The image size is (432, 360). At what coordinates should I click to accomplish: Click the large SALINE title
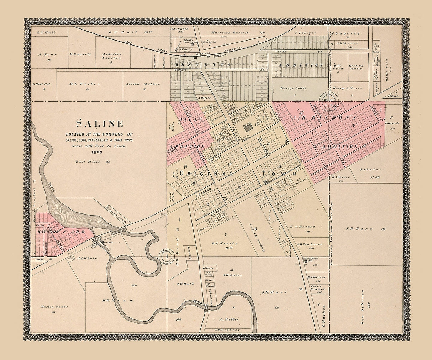click(99, 124)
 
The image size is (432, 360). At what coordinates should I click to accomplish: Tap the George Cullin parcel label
click(294, 88)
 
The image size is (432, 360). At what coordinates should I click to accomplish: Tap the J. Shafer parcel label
click(370, 169)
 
